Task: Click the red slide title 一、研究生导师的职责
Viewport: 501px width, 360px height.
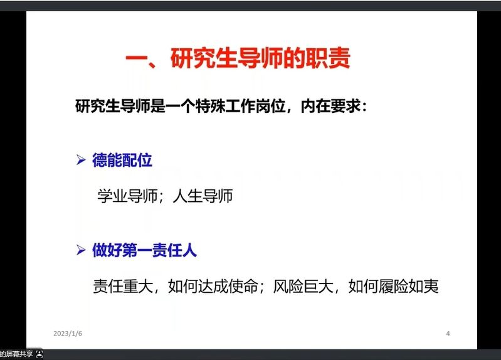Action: (238, 58)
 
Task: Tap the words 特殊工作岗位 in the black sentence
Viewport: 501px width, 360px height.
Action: (241, 106)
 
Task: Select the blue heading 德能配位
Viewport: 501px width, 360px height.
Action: (122, 160)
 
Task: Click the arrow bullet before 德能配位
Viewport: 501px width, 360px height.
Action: (81, 159)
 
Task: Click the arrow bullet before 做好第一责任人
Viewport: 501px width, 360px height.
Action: (81, 250)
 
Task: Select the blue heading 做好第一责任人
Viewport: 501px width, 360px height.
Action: (144, 250)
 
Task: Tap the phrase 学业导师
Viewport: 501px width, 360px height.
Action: (127, 196)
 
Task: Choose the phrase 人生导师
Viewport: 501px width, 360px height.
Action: (203, 196)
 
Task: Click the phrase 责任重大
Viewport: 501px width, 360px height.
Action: (123, 286)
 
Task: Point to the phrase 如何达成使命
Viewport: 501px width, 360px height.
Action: (213, 286)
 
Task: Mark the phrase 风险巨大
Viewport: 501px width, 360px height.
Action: (303, 286)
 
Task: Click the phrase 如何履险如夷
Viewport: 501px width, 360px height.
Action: (393, 286)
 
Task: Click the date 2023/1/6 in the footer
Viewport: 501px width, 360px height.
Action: (68, 334)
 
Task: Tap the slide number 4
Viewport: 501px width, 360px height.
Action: (448, 334)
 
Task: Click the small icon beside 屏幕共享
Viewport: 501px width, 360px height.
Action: (40, 354)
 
